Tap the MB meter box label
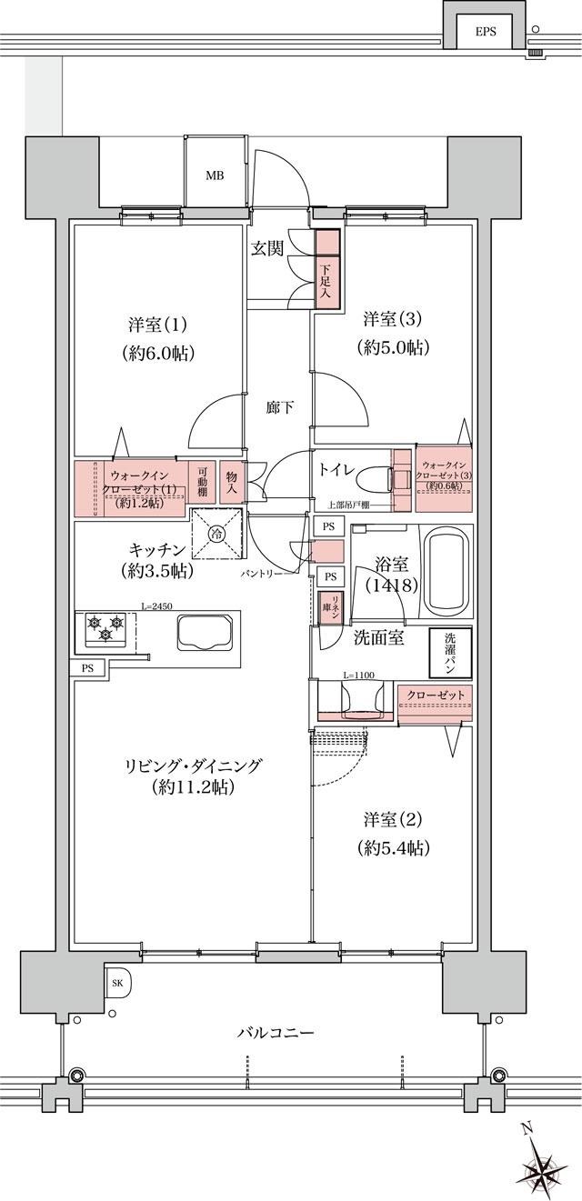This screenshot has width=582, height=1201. [x=214, y=175]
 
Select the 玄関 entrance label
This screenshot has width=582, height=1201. [x=268, y=248]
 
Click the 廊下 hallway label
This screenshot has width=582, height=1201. [x=279, y=407]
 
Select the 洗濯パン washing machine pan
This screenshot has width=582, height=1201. [x=450, y=653]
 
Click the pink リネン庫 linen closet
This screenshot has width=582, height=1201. [x=326, y=607]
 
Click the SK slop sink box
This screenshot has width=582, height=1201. [x=118, y=983]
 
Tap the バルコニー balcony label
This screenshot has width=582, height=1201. [x=276, y=1034]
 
